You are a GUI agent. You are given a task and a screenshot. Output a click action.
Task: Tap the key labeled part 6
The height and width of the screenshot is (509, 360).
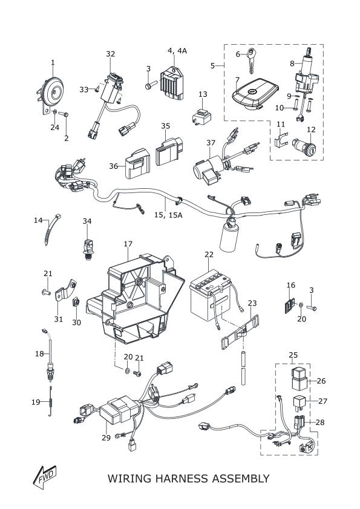pyautogui.click(x=251, y=61)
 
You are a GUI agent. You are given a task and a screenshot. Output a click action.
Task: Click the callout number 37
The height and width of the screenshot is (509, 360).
pyautogui.click(x=211, y=143)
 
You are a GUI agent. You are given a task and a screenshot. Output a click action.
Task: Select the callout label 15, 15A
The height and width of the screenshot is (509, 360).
pyautogui.click(x=168, y=215)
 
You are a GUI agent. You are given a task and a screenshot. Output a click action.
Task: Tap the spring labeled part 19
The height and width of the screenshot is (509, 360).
pyautogui.click(x=51, y=401)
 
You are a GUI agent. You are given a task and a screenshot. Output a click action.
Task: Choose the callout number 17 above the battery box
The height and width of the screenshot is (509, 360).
pyautogui.click(x=128, y=244)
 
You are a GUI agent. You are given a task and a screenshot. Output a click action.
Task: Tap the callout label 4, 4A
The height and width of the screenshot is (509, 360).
pyautogui.click(x=177, y=51)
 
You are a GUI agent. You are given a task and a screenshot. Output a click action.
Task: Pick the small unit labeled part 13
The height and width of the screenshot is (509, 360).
pyautogui.click(x=201, y=116)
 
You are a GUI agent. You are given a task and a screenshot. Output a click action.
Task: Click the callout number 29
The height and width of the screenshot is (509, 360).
pyautogui.click(x=106, y=438)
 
